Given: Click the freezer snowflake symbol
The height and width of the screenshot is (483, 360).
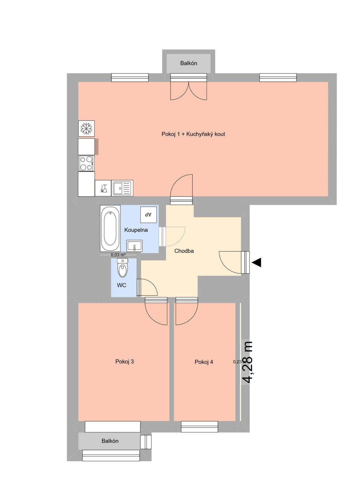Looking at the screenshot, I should (86, 129).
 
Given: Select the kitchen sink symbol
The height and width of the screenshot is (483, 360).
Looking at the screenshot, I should (122, 188).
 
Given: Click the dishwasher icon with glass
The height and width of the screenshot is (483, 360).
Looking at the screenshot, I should (103, 188).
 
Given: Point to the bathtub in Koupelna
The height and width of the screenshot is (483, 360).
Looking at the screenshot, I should (110, 229).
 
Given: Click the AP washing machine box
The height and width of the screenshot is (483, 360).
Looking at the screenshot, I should (148, 214).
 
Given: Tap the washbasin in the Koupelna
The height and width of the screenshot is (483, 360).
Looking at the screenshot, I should (135, 246).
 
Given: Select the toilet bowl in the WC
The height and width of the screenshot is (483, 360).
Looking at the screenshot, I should (123, 268).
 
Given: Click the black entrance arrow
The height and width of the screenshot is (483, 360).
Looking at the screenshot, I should (256, 262).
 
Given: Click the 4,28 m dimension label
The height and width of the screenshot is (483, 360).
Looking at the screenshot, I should (248, 362).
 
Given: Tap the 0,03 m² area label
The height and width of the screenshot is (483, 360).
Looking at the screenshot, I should (118, 255).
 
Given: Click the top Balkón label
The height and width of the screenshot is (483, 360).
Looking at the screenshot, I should (189, 63).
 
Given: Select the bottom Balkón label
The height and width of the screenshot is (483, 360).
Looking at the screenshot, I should (110, 441).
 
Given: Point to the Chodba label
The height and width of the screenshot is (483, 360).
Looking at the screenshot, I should (184, 251).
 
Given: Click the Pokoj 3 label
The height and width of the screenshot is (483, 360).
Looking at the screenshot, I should (124, 361).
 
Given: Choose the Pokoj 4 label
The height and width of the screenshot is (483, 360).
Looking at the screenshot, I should (204, 362).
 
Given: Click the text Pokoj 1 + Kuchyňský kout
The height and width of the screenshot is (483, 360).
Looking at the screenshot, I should (193, 134).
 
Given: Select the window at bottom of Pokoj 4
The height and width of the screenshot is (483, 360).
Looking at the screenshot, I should (199, 427).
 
